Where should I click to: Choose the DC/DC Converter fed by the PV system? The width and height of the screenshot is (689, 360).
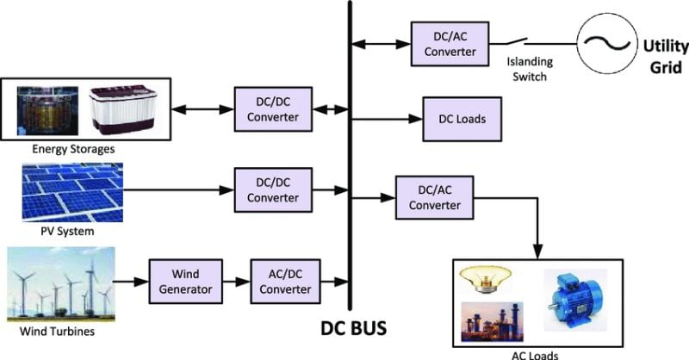click(270, 189)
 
